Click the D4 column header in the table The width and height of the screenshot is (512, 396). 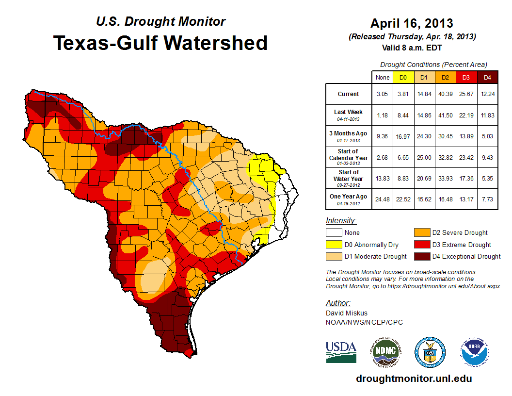tap(488, 78)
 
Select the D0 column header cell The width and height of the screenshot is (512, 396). tap(403, 78)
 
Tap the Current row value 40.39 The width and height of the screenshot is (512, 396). tap(445, 94)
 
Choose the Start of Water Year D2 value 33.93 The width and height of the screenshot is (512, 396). tap(445, 178)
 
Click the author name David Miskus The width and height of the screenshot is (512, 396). tap(347, 313)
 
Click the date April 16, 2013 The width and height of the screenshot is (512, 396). tap(412, 23)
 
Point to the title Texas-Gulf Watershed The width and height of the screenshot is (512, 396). tap(160, 43)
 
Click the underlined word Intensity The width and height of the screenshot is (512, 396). tap(341, 221)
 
